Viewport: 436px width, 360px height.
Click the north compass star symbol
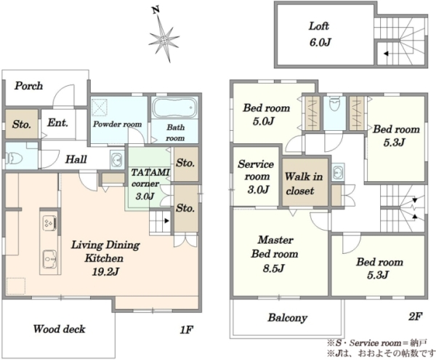point(164,39)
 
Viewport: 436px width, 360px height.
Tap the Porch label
point(28,86)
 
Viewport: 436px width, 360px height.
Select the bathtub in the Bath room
point(174,108)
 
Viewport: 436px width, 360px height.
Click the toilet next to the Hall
point(14,159)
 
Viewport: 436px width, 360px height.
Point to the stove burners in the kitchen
point(49,223)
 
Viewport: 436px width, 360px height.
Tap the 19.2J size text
point(105,272)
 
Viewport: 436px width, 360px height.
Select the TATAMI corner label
point(150,177)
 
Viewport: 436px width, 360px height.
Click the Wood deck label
point(60,329)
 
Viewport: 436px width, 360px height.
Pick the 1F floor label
point(186,330)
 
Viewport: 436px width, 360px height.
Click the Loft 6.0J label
point(320,34)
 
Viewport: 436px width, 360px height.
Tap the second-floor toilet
point(334,104)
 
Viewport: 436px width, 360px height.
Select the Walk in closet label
point(303,183)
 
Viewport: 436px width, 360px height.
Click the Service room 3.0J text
point(256,177)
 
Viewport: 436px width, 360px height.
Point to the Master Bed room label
point(275,247)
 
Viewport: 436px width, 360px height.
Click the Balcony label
point(288,318)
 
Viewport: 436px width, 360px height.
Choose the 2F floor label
point(416,316)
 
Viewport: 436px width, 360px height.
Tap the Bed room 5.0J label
point(267,114)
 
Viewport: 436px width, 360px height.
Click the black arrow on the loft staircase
point(386,53)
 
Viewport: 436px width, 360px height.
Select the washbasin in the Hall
point(117,160)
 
